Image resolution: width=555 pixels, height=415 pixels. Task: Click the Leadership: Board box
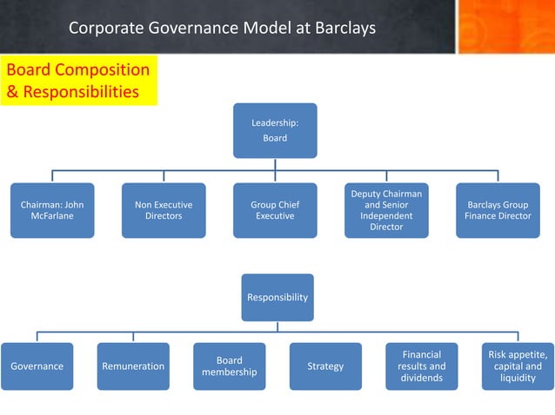click(275, 131)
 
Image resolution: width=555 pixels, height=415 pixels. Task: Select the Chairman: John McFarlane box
click(52, 210)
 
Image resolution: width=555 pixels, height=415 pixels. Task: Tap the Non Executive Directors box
click(164, 210)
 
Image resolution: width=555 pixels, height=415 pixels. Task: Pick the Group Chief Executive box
click(275, 210)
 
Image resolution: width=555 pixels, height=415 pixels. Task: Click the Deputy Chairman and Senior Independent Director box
click(386, 210)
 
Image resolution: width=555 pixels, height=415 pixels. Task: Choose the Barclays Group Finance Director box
click(498, 210)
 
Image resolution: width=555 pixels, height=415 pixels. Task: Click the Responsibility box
click(277, 297)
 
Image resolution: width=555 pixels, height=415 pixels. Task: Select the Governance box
click(37, 366)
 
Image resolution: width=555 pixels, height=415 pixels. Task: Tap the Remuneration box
click(133, 366)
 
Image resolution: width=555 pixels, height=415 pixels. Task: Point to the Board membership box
click(229, 366)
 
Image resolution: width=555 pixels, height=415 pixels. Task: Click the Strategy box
click(325, 366)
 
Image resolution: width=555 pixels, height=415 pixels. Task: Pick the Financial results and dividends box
click(422, 366)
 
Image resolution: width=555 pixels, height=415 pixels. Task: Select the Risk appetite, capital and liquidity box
click(518, 366)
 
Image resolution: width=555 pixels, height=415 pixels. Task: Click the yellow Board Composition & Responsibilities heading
click(78, 81)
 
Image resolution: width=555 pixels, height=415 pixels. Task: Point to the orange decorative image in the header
click(505, 26)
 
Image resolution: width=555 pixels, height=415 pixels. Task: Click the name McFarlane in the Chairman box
click(52, 216)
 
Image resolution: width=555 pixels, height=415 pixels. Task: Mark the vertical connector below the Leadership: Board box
click(275, 164)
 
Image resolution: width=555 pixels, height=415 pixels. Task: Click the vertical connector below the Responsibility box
click(277, 326)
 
